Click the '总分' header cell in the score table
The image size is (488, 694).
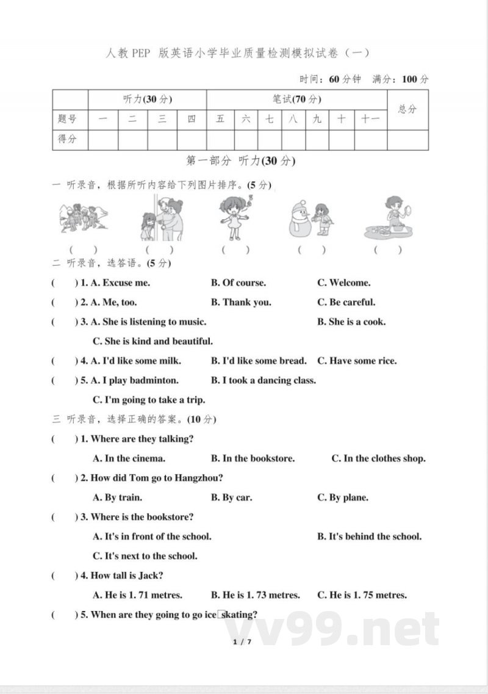click(407, 109)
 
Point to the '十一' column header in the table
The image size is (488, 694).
click(370, 119)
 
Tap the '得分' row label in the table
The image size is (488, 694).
click(68, 139)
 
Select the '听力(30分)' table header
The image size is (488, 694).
click(148, 99)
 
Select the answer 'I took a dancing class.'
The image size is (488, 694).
click(264, 380)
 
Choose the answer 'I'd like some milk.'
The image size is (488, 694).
click(136, 361)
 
